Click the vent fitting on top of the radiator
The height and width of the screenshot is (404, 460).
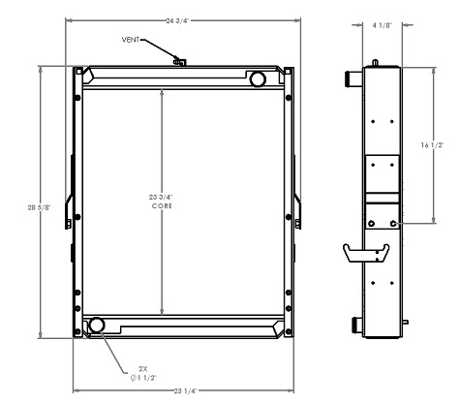[x=178, y=62]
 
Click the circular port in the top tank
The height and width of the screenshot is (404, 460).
[x=258, y=78]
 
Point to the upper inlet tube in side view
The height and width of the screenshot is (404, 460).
[x=352, y=78]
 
